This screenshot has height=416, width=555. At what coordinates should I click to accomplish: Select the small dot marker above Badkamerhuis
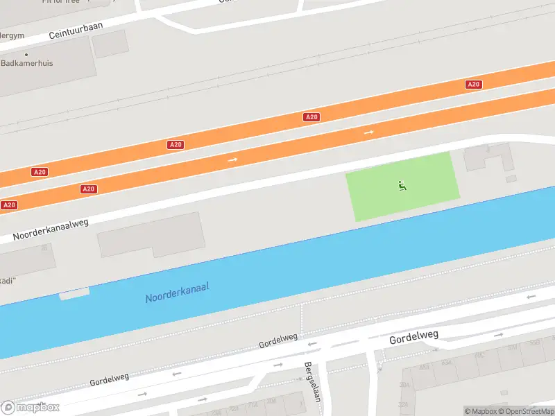point(27,54)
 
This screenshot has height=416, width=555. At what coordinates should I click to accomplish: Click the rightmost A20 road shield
point(473,84)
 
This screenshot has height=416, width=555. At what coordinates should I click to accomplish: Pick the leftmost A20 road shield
point(9,205)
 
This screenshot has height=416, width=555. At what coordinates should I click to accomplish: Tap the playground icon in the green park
point(402,185)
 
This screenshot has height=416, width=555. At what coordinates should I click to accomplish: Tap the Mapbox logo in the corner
point(31,407)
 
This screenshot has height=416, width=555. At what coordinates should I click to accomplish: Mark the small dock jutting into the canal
point(74,294)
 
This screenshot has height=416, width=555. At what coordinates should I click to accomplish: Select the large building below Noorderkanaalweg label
point(151,234)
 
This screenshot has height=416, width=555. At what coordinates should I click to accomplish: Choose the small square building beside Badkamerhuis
point(110,43)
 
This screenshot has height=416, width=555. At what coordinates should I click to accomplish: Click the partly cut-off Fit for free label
point(61,2)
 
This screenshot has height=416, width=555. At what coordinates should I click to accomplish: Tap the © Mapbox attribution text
point(480,411)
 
